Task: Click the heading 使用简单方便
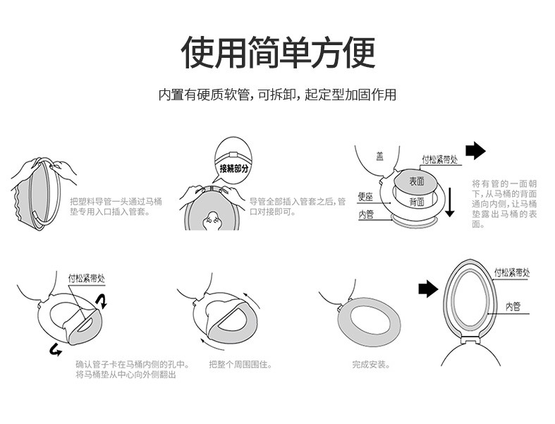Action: pos(278,52)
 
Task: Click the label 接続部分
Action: pos(234,168)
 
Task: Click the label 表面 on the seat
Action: pos(416,181)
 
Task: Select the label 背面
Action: pos(416,202)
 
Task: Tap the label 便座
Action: pos(365,197)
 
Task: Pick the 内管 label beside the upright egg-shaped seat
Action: pos(513,306)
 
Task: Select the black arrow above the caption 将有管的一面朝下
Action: pos(476,150)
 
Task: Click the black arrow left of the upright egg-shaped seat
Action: pos(428,288)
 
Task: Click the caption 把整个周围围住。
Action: pos(240,365)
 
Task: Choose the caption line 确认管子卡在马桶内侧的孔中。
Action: pos(133,365)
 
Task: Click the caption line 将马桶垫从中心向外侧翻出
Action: pos(126,375)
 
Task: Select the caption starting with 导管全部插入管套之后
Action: pos(298,206)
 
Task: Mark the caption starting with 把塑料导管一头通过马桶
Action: pos(116,206)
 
